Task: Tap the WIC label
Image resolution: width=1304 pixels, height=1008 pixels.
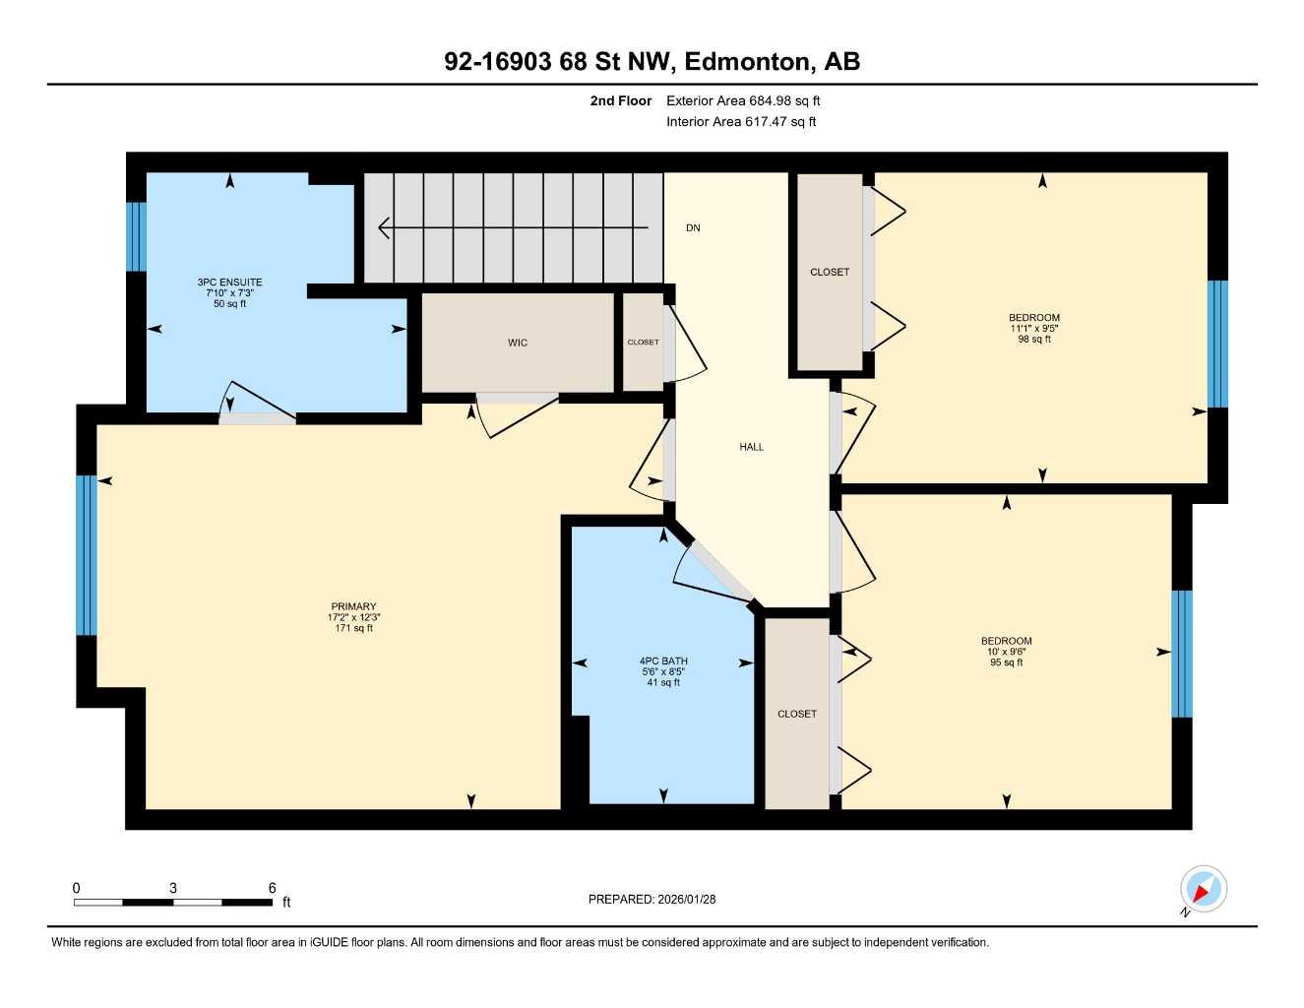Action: coord(518,343)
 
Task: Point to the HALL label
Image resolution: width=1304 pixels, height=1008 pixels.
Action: coord(752,447)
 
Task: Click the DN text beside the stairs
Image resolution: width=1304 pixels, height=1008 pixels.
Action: coord(693,228)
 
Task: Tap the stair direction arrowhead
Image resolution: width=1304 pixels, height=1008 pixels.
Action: coord(385,227)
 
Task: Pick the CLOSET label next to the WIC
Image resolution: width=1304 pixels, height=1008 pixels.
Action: coord(643,343)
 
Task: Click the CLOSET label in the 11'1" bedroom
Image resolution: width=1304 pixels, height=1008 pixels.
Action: coord(830,272)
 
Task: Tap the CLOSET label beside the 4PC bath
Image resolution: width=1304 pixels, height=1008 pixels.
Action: coord(797,714)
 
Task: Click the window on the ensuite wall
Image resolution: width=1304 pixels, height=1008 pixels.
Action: coord(137,236)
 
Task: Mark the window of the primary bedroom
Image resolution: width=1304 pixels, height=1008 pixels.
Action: coord(87,555)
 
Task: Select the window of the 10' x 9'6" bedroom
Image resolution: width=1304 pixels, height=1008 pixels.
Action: coord(1182,654)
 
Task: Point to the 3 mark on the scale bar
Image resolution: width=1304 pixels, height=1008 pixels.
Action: coord(173,888)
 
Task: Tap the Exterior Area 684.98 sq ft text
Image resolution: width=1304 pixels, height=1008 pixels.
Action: coord(743,100)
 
